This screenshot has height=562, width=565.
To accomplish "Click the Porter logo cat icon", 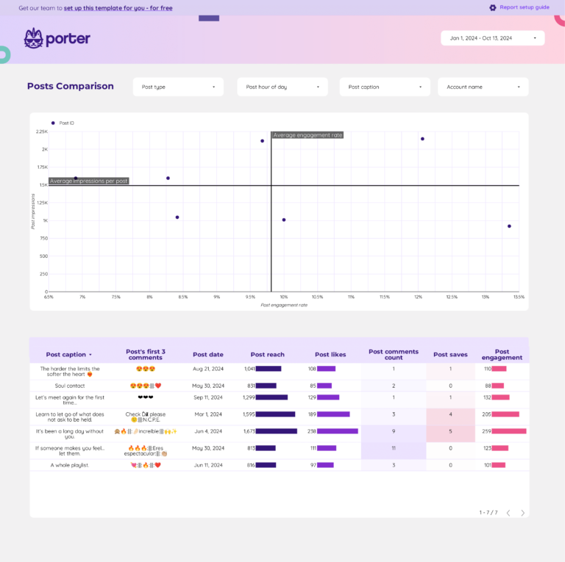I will (x=33, y=38).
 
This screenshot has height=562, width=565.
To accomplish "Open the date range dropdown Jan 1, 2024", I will (x=492, y=38).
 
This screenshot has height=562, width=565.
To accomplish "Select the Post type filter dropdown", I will (x=178, y=87).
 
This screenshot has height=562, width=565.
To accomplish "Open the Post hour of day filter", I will (x=282, y=87).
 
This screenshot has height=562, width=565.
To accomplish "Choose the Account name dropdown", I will (x=483, y=87).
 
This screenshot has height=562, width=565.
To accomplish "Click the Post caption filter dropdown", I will (x=385, y=87).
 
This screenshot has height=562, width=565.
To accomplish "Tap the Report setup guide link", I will (x=524, y=7).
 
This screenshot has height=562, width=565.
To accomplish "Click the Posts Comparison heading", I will (x=71, y=86).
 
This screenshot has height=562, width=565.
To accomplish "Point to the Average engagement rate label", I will (x=308, y=135).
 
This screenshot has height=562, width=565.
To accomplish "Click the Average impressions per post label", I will (x=89, y=181).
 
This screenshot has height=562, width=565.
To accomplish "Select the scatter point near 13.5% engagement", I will (x=509, y=226).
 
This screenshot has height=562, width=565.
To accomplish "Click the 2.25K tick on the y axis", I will (x=42, y=132).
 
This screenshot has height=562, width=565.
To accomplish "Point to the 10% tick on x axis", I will (x=284, y=297).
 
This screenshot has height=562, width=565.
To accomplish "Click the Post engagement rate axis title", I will (x=284, y=305).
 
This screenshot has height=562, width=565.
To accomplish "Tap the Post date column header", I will (x=208, y=354).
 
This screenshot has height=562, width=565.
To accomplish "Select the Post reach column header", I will (x=267, y=354).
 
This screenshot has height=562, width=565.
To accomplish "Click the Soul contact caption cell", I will (x=70, y=386).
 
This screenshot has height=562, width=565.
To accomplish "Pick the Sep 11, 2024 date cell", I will (x=208, y=397).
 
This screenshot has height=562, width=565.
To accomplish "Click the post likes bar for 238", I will (x=338, y=431).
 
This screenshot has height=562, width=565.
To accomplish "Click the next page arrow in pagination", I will (x=523, y=513).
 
